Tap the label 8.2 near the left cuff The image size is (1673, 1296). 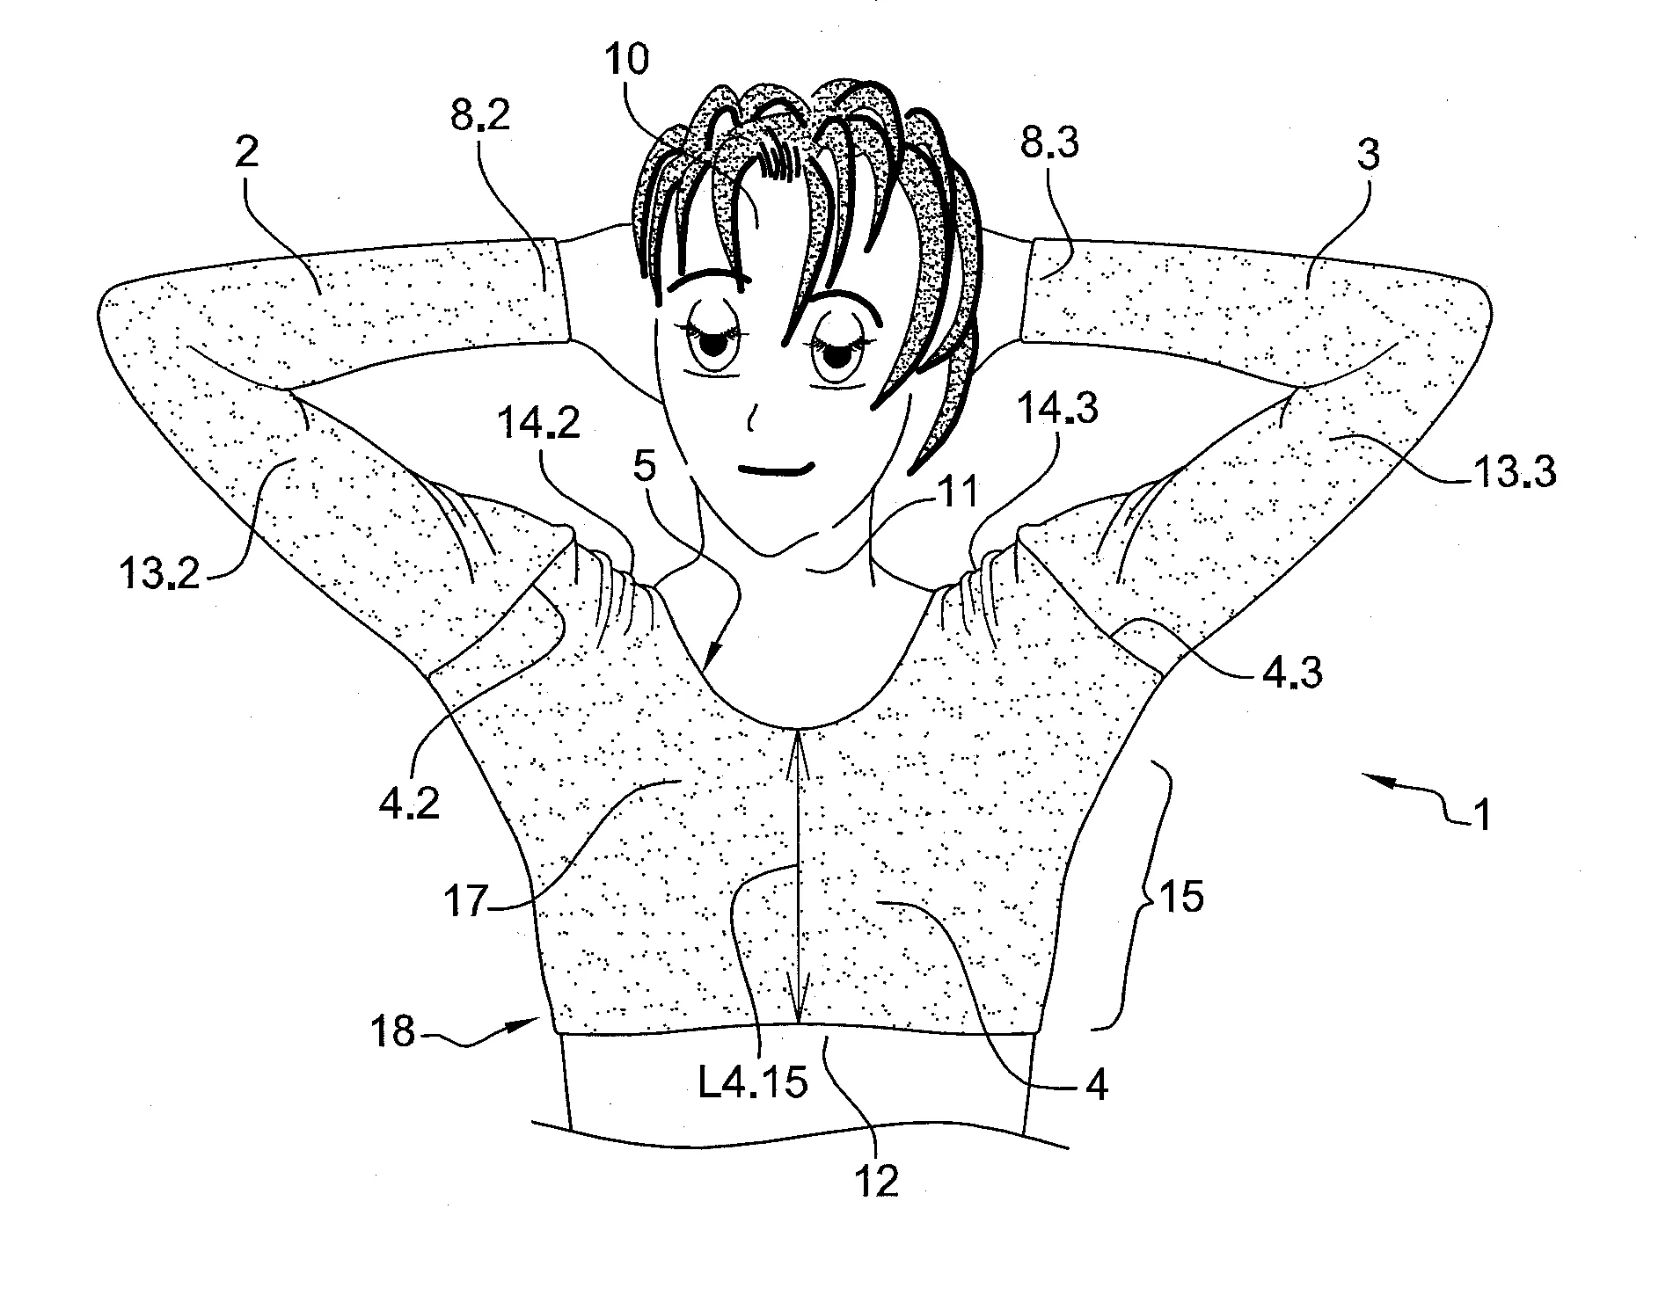coord(480,115)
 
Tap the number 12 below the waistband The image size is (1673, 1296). coord(877,1181)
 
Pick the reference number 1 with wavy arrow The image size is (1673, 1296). coord(1480,815)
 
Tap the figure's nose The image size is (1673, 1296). coord(750,419)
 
